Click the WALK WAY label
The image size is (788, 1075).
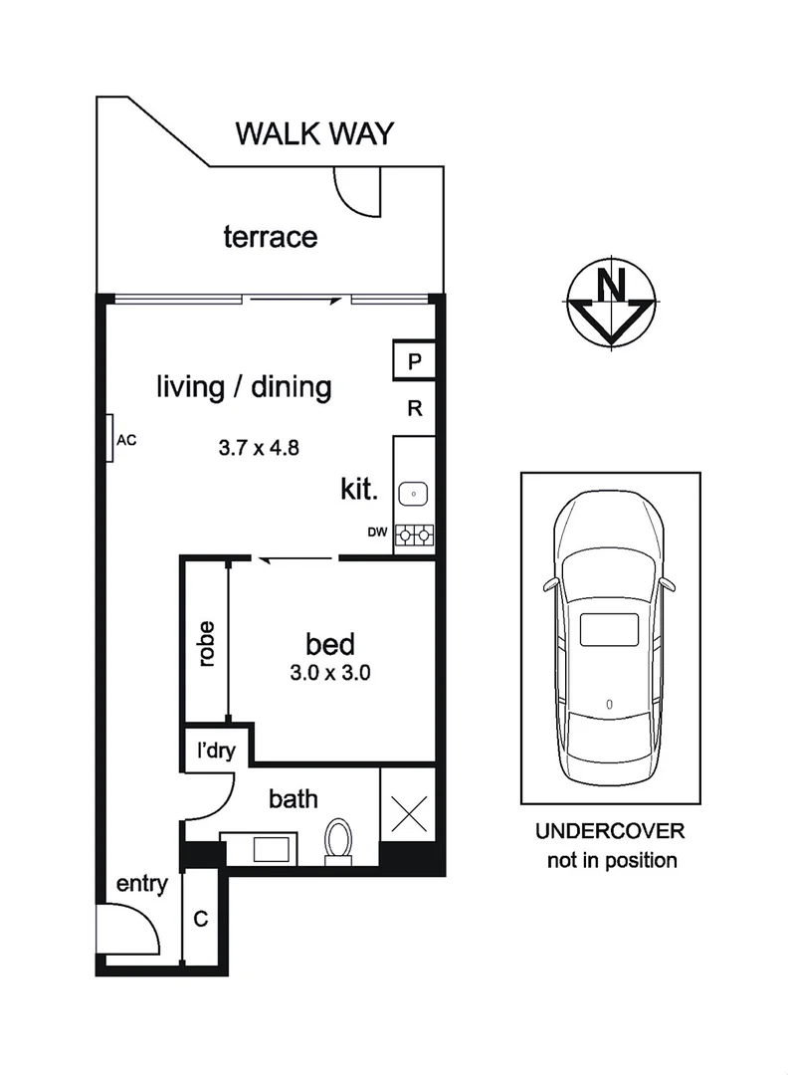coord(314,133)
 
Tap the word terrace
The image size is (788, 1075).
coord(271,237)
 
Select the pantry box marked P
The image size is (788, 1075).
coord(415,360)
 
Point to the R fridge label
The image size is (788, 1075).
coord(415,408)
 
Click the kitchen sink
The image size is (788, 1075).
coord(414,493)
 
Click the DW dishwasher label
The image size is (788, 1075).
coord(376,533)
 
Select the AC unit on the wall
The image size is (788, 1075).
coord(111,438)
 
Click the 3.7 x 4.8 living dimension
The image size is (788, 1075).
coord(260,447)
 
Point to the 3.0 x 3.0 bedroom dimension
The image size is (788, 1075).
coord(330,672)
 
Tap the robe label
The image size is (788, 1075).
coord(207,643)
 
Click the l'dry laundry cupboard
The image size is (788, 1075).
coord(216,750)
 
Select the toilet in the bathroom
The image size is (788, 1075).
coord(339,839)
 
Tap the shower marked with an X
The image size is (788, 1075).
coord(409,812)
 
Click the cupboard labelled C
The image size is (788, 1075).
coord(200,919)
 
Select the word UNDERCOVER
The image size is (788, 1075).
coord(611,831)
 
